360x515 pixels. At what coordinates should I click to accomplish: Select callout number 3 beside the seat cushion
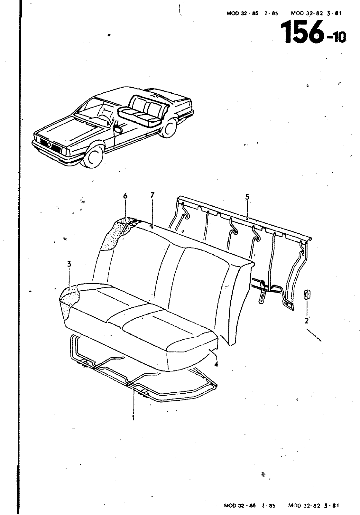[x=69, y=264]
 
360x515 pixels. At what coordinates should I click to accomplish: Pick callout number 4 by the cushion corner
[x=216, y=364]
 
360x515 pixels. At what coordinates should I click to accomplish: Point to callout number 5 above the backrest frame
[x=247, y=197]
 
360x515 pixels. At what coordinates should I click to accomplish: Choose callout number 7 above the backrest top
[x=152, y=195]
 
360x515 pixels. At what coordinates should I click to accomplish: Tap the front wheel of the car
[x=93, y=156]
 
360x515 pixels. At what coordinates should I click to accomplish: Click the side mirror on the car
[x=118, y=129]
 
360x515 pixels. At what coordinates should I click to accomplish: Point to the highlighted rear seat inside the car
[x=143, y=111]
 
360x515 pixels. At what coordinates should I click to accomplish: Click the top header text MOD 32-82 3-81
[x=316, y=13]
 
